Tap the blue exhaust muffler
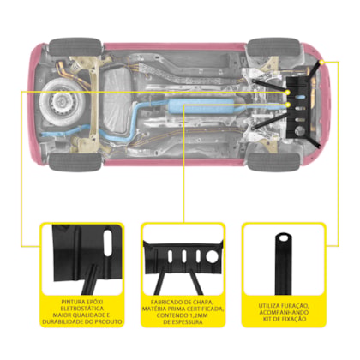pos(194,106)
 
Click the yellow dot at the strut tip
pos(321,62)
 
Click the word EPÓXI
pos(94,302)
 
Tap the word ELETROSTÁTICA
pos(82,309)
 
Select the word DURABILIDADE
pos(61,321)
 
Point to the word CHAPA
pos(203,303)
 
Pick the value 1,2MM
pos(198,315)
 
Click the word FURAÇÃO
pos(295,306)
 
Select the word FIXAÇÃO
pos(292,319)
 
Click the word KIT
pos(267,319)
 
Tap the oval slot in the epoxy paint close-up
pos(108,243)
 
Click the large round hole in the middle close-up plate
pos(212,256)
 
